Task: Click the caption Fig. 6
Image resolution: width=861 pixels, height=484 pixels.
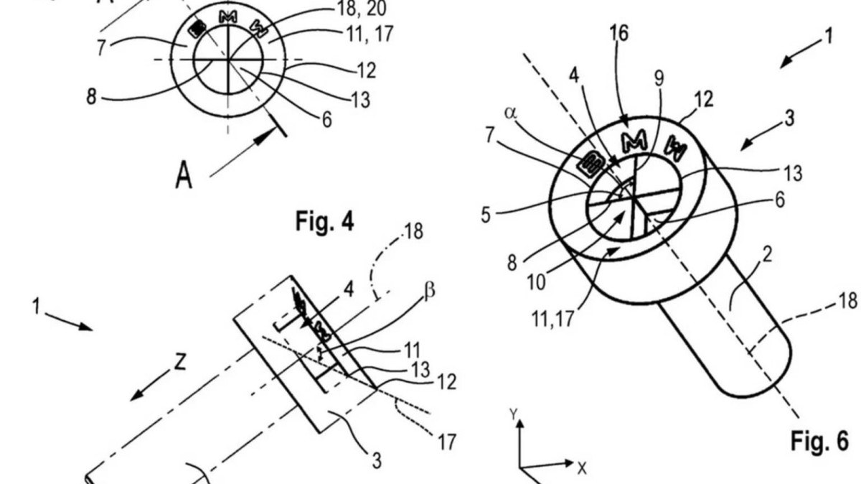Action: pyautogui.click(x=819, y=439)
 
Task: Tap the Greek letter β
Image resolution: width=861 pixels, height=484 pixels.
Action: pyautogui.click(x=430, y=290)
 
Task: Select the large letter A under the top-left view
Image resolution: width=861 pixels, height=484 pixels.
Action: pyautogui.click(x=184, y=174)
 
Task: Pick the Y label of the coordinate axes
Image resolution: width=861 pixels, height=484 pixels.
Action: pyautogui.click(x=514, y=414)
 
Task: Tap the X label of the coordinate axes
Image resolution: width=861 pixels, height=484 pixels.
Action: pyautogui.click(x=582, y=468)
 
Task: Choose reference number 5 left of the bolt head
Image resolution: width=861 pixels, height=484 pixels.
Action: pyautogui.click(x=486, y=215)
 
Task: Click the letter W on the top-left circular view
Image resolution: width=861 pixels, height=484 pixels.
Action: pyautogui.click(x=255, y=27)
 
